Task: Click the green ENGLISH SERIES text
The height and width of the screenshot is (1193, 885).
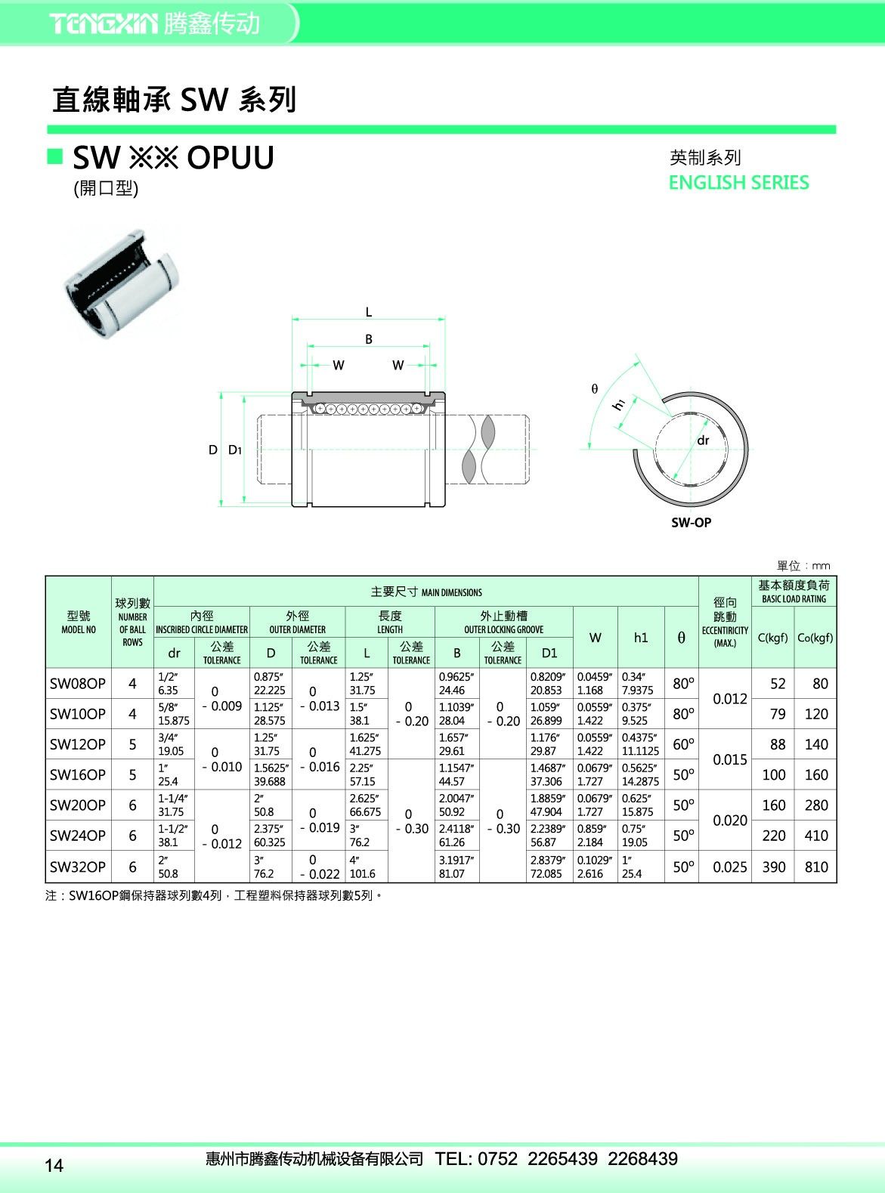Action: click(x=738, y=183)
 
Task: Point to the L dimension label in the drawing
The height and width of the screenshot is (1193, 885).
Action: click(x=369, y=311)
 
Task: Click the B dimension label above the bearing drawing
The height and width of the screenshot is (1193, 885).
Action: click(x=369, y=338)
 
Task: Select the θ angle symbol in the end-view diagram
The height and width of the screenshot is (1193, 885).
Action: click(x=595, y=388)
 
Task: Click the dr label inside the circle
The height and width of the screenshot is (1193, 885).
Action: click(x=703, y=440)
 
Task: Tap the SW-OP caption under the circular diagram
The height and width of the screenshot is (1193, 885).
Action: click(x=692, y=522)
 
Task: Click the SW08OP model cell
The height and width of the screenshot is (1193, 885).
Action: click(x=78, y=684)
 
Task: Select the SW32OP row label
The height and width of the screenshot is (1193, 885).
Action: click(x=78, y=867)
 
